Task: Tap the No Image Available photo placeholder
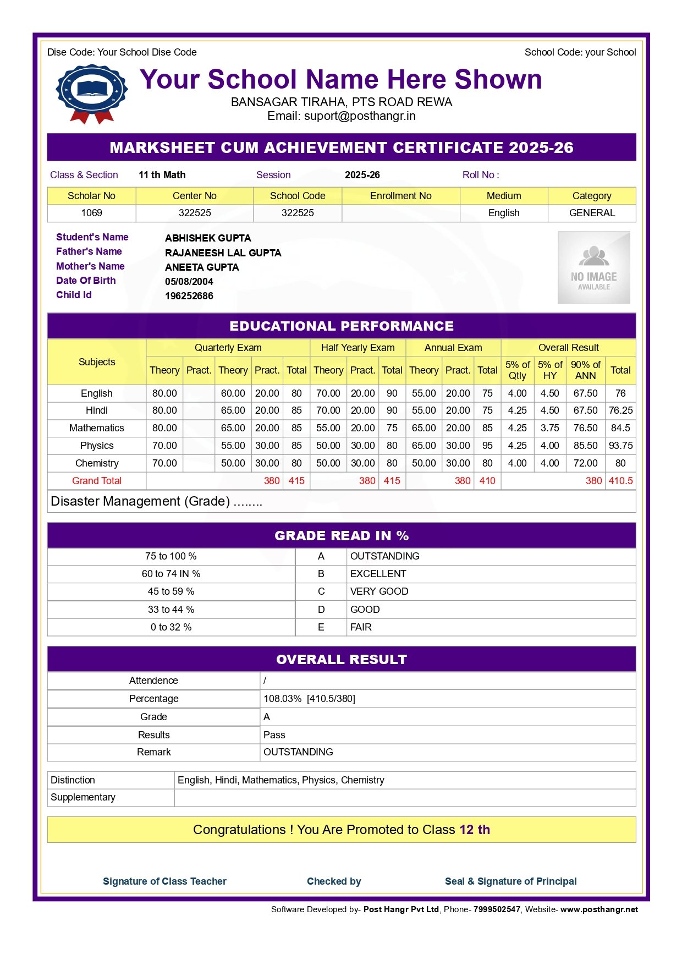pos(593,267)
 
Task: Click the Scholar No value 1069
pos(91,213)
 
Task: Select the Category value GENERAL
pos(592,213)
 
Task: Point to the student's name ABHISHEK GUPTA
pos(208,238)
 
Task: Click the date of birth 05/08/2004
pos(189,282)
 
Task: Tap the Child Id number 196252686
pos(189,296)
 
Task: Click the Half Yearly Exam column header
pos(358,348)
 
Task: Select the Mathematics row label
pos(96,428)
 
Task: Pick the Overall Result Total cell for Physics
pos(620,446)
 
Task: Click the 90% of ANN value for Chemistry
pos(585,463)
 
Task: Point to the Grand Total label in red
pos(96,481)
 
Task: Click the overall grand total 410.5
pos(620,481)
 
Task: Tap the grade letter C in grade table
pos(321,591)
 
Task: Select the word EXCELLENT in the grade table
pos(378,574)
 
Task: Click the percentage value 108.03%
pos(282,699)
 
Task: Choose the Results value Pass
pos(274,735)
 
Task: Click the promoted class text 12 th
pos(475,830)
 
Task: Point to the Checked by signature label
pos(334,881)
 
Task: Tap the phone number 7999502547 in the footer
pos(497,909)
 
